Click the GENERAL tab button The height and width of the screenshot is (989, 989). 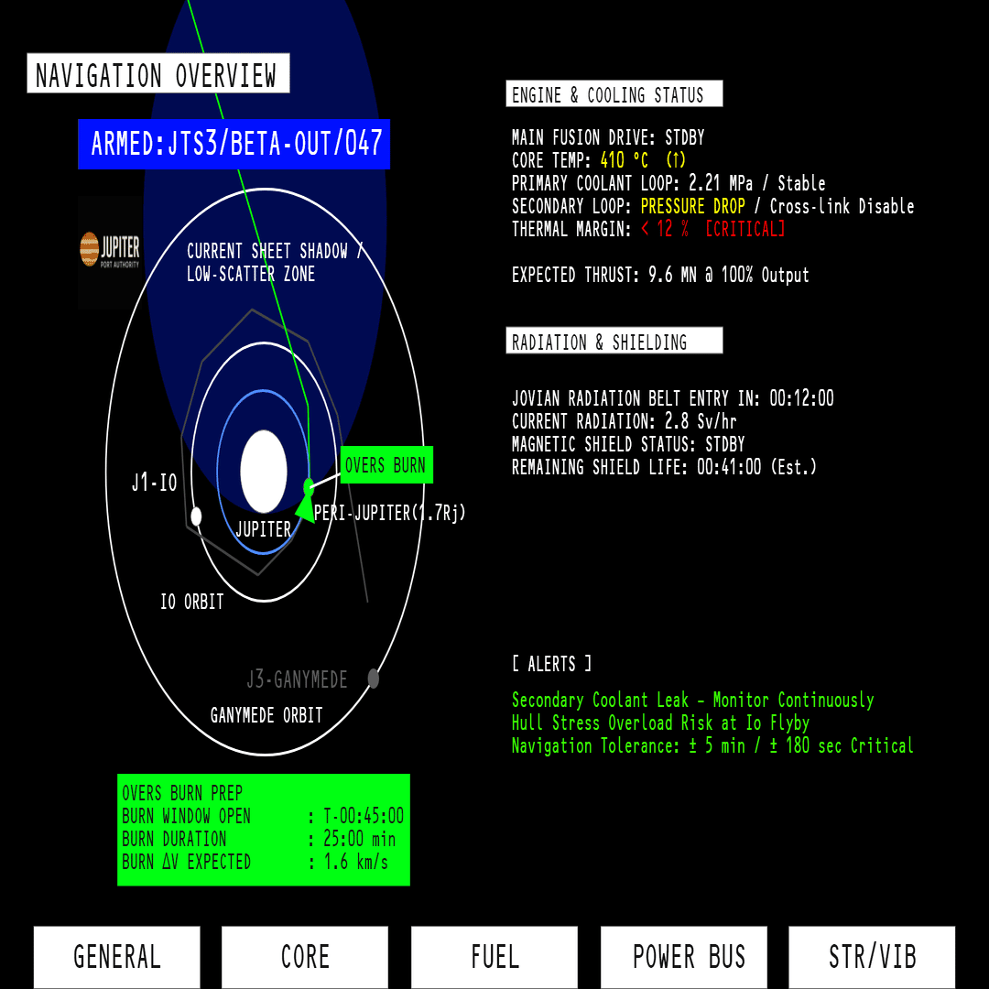click(x=116, y=957)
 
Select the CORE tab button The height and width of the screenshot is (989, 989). click(x=305, y=957)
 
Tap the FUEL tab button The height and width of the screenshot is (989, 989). click(x=494, y=957)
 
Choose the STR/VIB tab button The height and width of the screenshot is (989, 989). click(x=872, y=957)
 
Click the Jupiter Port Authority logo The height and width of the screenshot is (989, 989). click(x=110, y=249)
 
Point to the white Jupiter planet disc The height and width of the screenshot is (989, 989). click(x=264, y=471)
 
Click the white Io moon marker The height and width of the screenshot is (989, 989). click(x=196, y=516)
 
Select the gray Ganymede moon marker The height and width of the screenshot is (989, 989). click(x=374, y=679)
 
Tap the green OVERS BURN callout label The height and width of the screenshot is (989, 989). click(x=386, y=465)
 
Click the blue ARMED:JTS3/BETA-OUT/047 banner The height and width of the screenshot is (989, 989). click(x=234, y=145)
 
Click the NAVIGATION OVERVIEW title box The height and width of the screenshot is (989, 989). click(x=158, y=74)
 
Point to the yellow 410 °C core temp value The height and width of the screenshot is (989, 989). click(x=625, y=161)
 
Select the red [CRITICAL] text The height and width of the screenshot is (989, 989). click(x=744, y=229)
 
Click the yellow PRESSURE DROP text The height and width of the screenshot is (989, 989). click(x=693, y=206)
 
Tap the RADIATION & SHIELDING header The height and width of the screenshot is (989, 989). click(x=614, y=342)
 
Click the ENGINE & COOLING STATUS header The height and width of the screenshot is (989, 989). click(x=614, y=94)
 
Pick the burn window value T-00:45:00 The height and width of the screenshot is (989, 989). click(x=364, y=817)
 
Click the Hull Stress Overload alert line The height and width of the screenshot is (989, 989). click(x=660, y=723)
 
